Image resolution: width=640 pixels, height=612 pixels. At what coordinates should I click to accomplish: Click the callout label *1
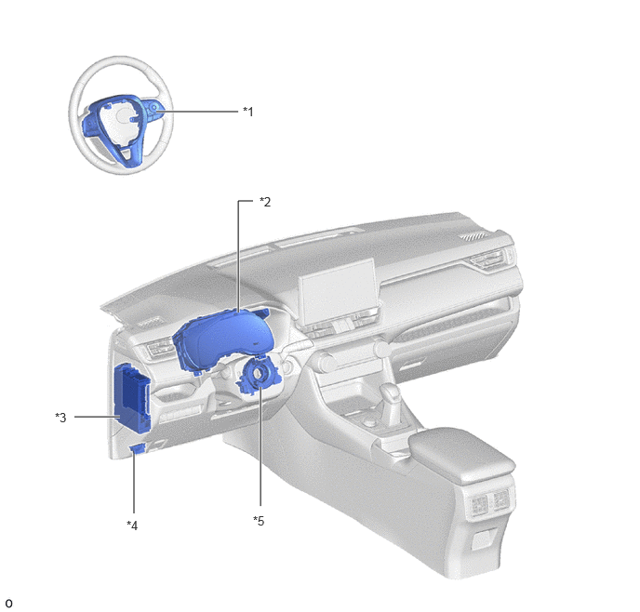248,112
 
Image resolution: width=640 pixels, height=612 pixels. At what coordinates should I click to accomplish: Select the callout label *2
265,202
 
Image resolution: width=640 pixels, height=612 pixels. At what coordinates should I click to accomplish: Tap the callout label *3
60,418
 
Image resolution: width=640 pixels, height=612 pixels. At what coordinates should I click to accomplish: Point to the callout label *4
132,526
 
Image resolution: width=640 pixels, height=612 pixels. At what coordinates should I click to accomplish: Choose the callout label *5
259,521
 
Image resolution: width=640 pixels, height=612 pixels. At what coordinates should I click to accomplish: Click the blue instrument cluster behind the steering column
222,339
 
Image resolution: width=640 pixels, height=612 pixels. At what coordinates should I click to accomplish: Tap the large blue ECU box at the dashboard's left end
132,399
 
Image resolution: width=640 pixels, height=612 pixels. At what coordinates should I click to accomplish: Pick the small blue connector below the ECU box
138,449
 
